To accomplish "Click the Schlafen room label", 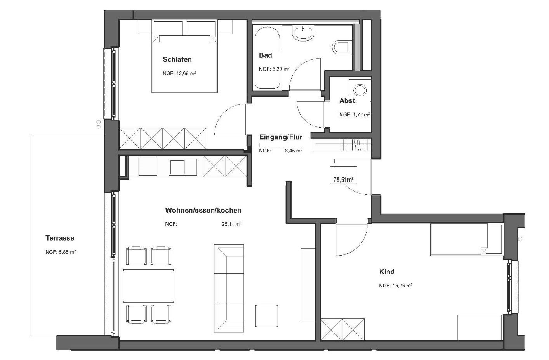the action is coord(177,59).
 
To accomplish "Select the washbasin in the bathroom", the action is coord(303,33).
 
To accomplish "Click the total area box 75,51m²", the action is coord(343,175).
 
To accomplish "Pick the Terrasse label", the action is coord(60,238).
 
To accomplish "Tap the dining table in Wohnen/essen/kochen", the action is coord(149,286).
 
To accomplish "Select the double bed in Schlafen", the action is coord(184,57).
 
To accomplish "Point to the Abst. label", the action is coord(348,101).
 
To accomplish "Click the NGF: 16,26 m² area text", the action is coord(396,285).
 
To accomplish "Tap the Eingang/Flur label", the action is coord(281,137).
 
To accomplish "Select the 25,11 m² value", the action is coord(231,223).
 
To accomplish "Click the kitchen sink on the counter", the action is coord(182,167).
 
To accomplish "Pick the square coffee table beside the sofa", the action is coord(267,316).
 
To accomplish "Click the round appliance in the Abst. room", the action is coord(360,90).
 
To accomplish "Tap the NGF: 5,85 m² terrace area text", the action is coord(61,252).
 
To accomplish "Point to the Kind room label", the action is coord(387,272).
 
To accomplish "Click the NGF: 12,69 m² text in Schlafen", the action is coord(179,73).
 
